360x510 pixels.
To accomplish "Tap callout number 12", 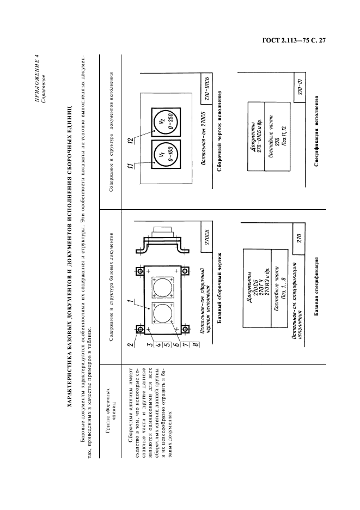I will click(x=129, y=142).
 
